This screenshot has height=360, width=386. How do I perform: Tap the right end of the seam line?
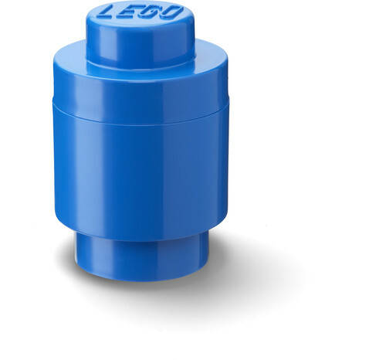[229, 103]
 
